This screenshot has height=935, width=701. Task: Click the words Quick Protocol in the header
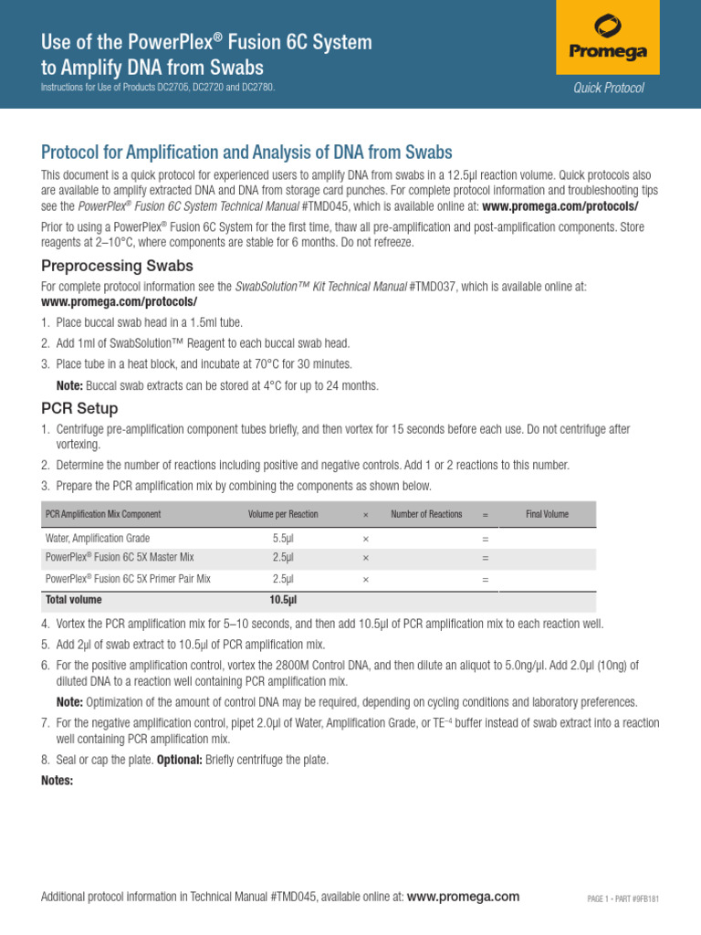[x=609, y=88]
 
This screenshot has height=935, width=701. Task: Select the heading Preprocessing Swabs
[x=117, y=266]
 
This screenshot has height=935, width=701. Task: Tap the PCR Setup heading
[x=79, y=408]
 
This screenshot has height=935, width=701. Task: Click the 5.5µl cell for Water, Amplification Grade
[x=283, y=539]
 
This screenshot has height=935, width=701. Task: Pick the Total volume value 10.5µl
[x=283, y=600]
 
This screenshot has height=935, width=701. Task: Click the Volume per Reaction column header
[x=283, y=514]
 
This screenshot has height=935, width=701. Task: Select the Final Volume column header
[x=547, y=514]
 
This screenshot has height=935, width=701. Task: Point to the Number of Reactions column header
[x=426, y=514]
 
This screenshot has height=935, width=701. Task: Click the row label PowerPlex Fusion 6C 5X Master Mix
[x=120, y=557]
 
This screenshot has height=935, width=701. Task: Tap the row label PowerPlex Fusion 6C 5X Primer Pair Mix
[x=128, y=579]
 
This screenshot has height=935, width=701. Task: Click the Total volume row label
[x=74, y=600]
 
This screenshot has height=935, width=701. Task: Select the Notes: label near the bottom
[x=58, y=781]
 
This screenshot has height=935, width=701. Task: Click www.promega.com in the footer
[x=463, y=897]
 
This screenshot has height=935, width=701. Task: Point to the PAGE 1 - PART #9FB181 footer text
[x=623, y=898]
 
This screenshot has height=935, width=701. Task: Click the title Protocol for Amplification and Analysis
[x=246, y=152]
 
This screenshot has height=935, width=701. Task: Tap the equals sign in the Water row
[x=485, y=539]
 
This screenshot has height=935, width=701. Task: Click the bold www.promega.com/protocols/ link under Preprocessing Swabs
[x=120, y=301]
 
